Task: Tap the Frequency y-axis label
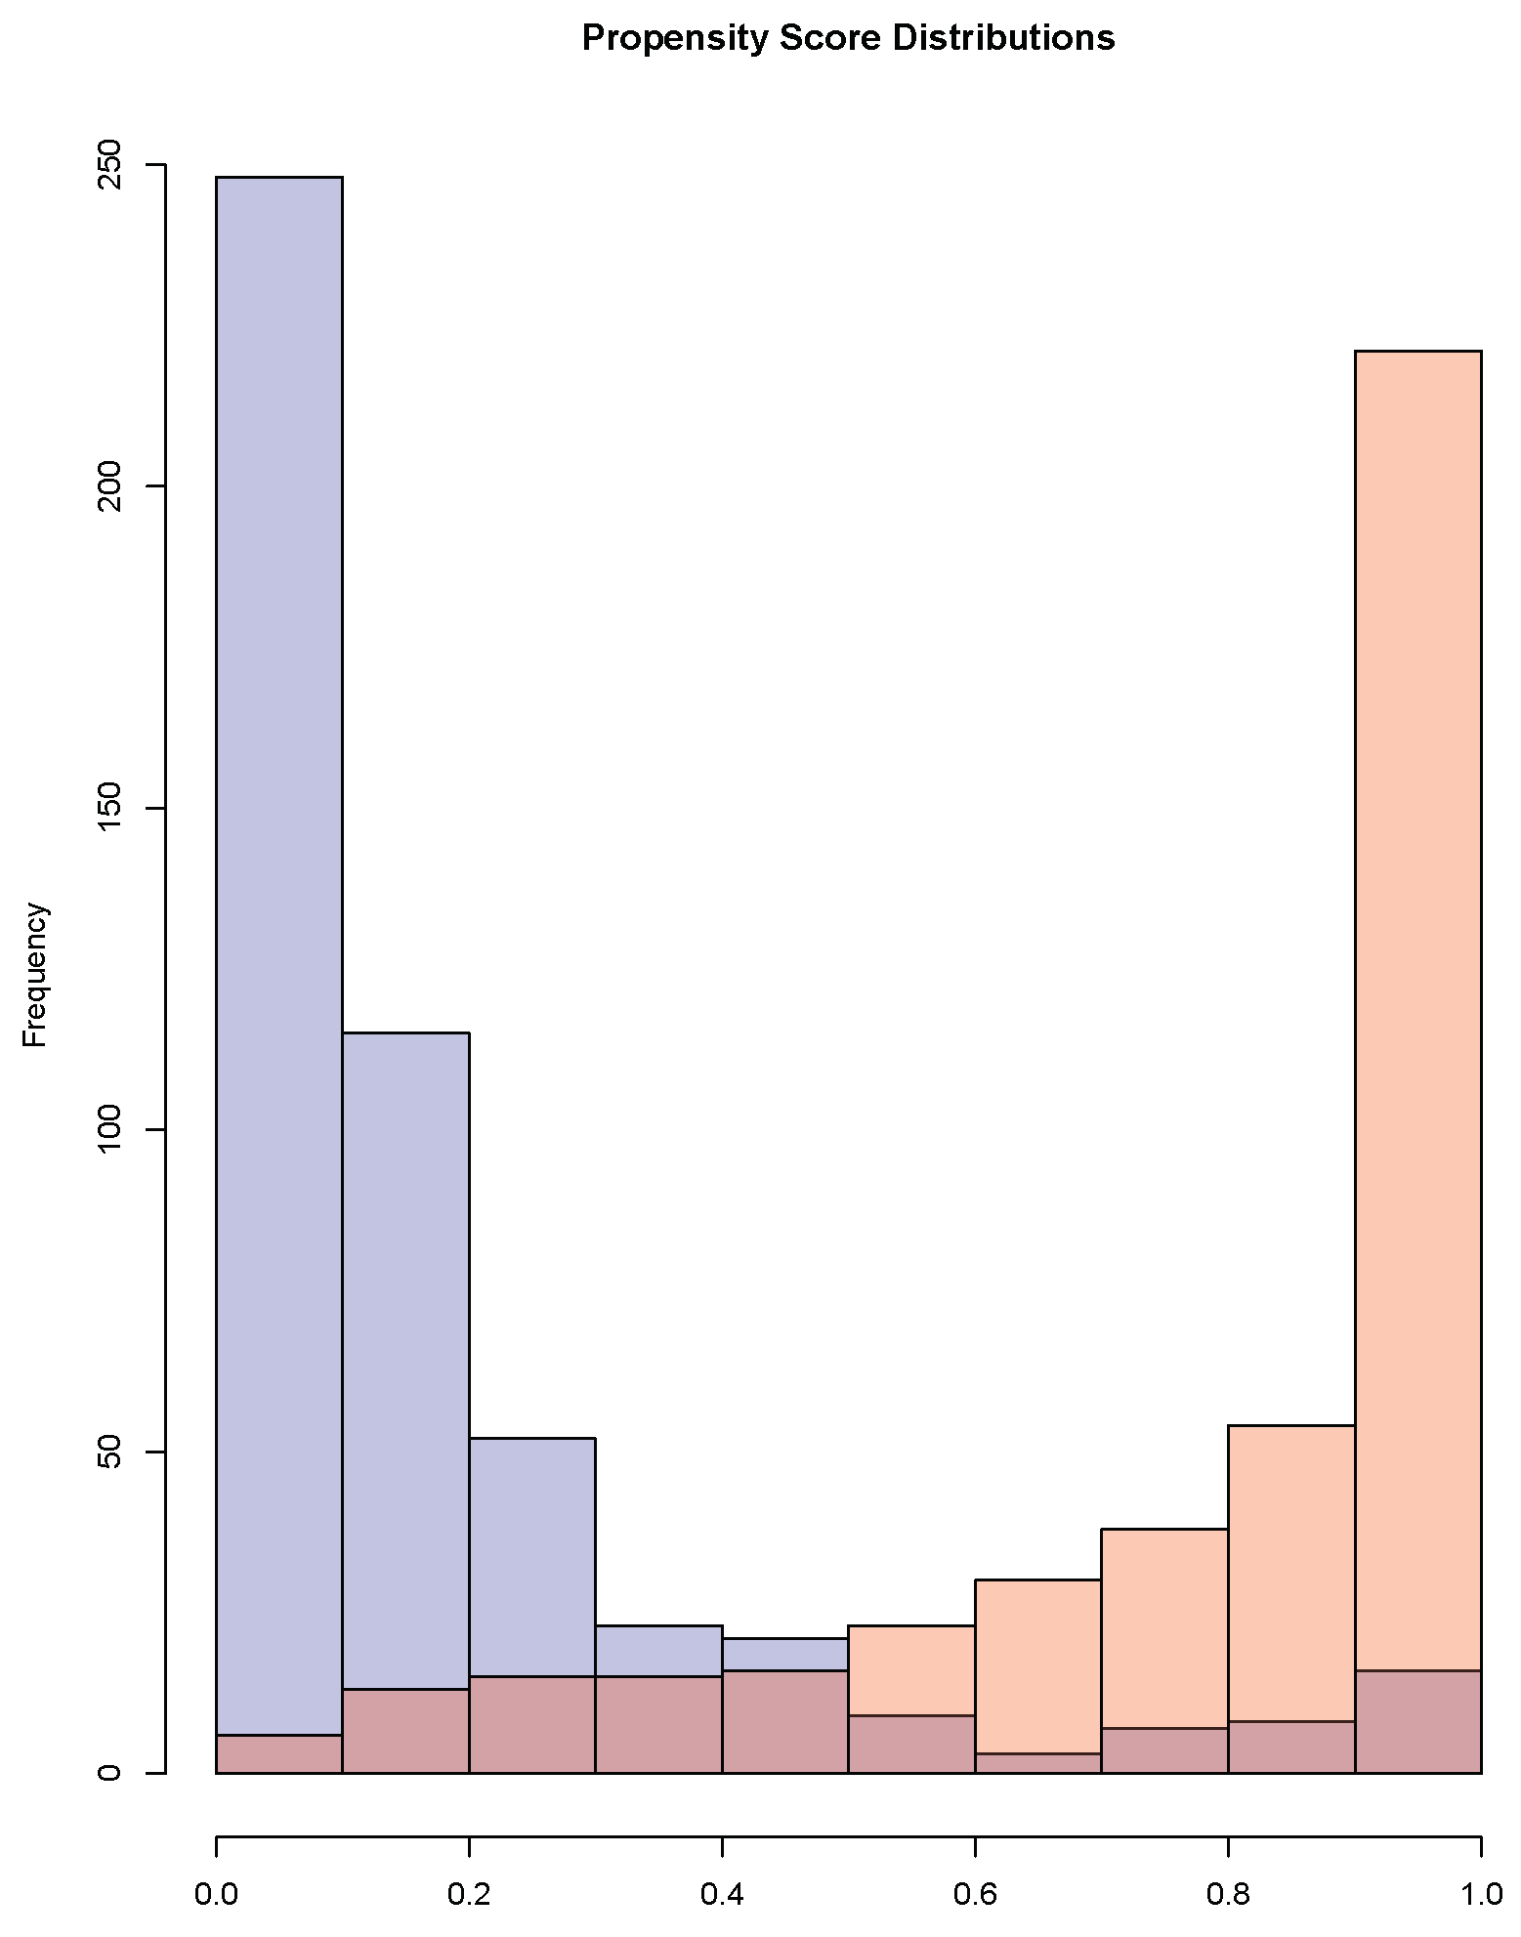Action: click(x=35, y=975)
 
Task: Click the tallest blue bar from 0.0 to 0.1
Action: click(x=278, y=879)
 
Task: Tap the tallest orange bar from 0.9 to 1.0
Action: click(x=1417, y=977)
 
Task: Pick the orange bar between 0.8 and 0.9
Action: click(x=1291, y=1573)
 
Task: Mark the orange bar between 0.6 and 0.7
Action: click(x=1037, y=1661)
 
